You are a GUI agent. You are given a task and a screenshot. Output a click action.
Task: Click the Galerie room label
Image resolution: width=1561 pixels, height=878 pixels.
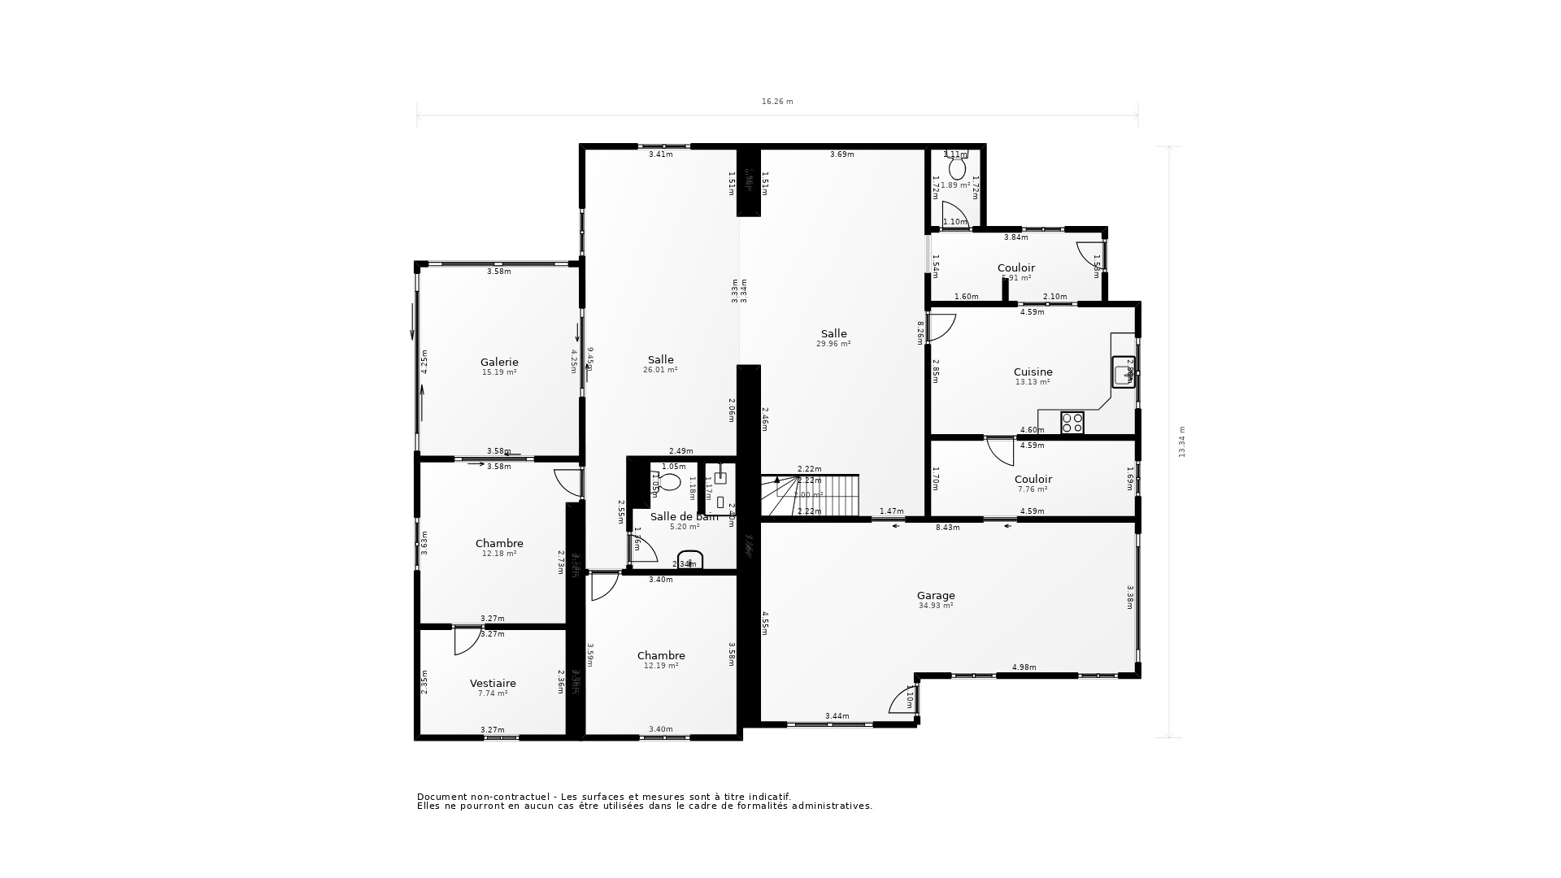pyautogui.click(x=499, y=363)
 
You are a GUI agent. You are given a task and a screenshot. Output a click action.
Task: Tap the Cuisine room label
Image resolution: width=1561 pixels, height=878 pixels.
pyautogui.click(x=1033, y=372)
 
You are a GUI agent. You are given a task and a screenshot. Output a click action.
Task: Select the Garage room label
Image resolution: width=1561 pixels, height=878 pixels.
pyautogui.click(x=936, y=596)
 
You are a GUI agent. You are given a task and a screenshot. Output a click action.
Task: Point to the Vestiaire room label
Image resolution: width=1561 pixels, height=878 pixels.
pyautogui.click(x=493, y=684)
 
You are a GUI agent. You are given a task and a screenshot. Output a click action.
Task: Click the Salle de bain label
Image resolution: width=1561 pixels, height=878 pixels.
pyautogui.click(x=684, y=517)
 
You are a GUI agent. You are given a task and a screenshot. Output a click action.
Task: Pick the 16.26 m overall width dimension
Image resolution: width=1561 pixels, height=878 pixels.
pyautogui.click(x=777, y=102)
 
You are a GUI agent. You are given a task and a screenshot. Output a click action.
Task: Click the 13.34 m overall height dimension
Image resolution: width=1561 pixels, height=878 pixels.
pyautogui.click(x=1182, y=441)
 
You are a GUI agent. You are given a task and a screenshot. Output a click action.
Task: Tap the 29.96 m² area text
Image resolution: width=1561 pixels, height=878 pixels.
pyautogui.click(x=833, y=344)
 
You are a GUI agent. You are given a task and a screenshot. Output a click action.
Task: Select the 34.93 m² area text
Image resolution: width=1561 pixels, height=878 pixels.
pyautogui.click(x=936, y=606)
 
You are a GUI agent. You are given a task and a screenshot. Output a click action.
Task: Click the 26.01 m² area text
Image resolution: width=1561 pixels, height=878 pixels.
pyautogui.click(x=660, y=370)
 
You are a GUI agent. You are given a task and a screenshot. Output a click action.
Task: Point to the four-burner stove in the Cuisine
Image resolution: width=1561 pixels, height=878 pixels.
pyautogui.click(x=1072, y=423)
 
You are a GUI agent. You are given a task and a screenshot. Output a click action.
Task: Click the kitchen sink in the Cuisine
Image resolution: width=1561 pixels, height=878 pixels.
pyautogui.click(x=1123, y=372)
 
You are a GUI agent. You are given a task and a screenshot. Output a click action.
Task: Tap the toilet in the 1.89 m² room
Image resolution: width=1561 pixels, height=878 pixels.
pyautogui.click(x=957, y=168)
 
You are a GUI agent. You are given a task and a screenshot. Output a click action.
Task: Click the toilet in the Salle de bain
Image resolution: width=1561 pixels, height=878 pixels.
pyautogui.click(x=668, y=482)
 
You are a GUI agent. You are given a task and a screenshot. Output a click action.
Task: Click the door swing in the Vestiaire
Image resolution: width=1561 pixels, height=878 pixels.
pyautogui.click(x=466, y=641)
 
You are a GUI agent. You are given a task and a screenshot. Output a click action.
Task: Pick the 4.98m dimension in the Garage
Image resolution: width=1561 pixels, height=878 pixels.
pyautogui.click(x=1024, y=667)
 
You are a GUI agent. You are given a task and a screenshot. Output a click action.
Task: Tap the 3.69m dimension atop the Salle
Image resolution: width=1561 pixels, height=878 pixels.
pyautogui.click(x=841, y=154)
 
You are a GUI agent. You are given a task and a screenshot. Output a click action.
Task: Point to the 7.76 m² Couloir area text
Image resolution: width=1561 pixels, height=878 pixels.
pyautogui.click(x=1033, y=489)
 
